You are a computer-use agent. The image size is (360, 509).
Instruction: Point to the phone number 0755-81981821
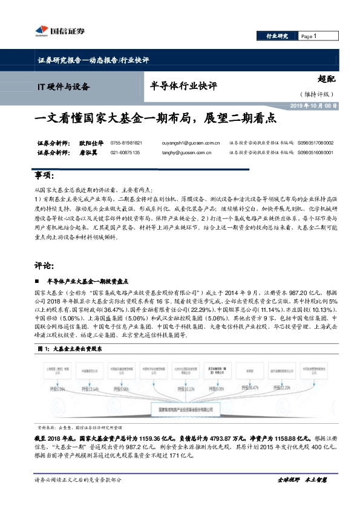(x=126, y=143)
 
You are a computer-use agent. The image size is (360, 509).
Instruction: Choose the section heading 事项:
(x=45, y=175)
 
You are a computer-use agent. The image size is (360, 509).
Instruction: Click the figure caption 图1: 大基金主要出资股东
(x=70, y=349)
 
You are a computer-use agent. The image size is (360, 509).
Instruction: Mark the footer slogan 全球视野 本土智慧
(x=301, y=496)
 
